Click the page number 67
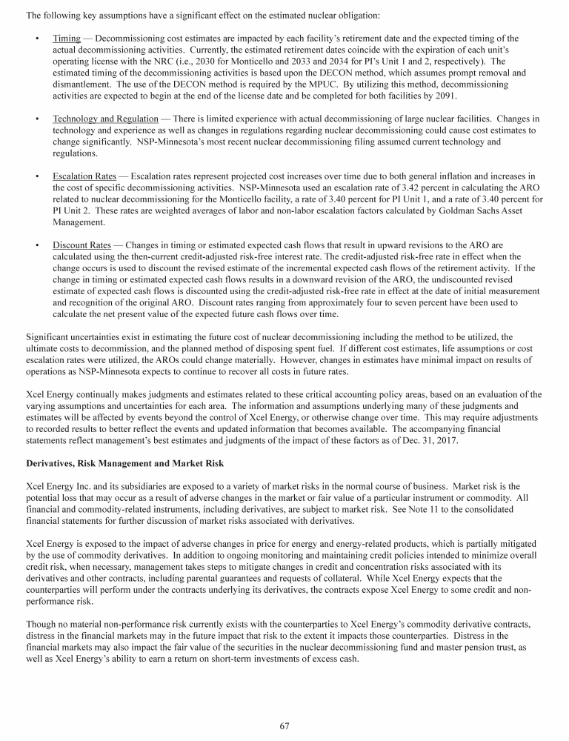coord(284,725)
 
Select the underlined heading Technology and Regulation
coord(105,119)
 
